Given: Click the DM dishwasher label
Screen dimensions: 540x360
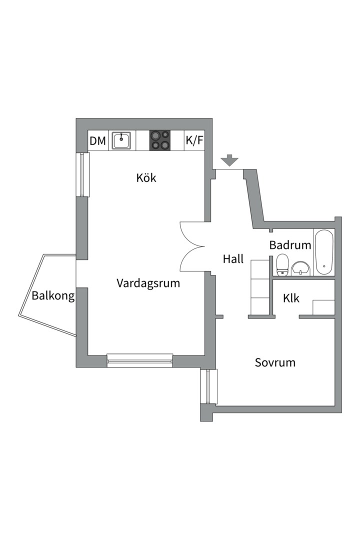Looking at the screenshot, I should click(x=98, y=141).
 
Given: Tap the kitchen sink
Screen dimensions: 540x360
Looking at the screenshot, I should click(x=121, y=140).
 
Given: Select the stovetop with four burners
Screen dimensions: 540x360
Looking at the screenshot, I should click(x=160, y=140).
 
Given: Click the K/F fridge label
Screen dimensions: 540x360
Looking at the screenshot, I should click(x=194, y=141).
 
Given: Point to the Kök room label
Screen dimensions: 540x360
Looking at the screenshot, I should click(x=146, y=177).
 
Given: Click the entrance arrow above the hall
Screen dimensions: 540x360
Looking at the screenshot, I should click(x=229, y=160).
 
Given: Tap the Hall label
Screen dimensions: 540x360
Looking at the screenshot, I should click(x=233, y=259).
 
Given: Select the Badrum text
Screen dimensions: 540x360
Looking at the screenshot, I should click(x=290, y=245).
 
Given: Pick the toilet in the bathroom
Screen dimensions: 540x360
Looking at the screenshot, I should click(x=282, y=264).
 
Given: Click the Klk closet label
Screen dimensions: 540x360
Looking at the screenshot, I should click(x=291, y=298).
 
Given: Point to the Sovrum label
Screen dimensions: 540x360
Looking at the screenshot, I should click(x=275, y=362).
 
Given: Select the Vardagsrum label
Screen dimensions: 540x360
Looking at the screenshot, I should click(x=148, y=283).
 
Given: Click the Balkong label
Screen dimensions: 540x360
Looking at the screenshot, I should click(x=53, y=296).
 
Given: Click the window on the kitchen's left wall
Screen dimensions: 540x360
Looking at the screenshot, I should click(x=82, y=174).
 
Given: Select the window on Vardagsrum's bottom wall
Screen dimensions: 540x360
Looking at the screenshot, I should click(x=140, y=360).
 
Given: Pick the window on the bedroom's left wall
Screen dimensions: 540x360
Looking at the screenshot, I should click(x=208, y=386).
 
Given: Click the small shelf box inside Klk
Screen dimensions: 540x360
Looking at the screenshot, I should click(x=323, y=307).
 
